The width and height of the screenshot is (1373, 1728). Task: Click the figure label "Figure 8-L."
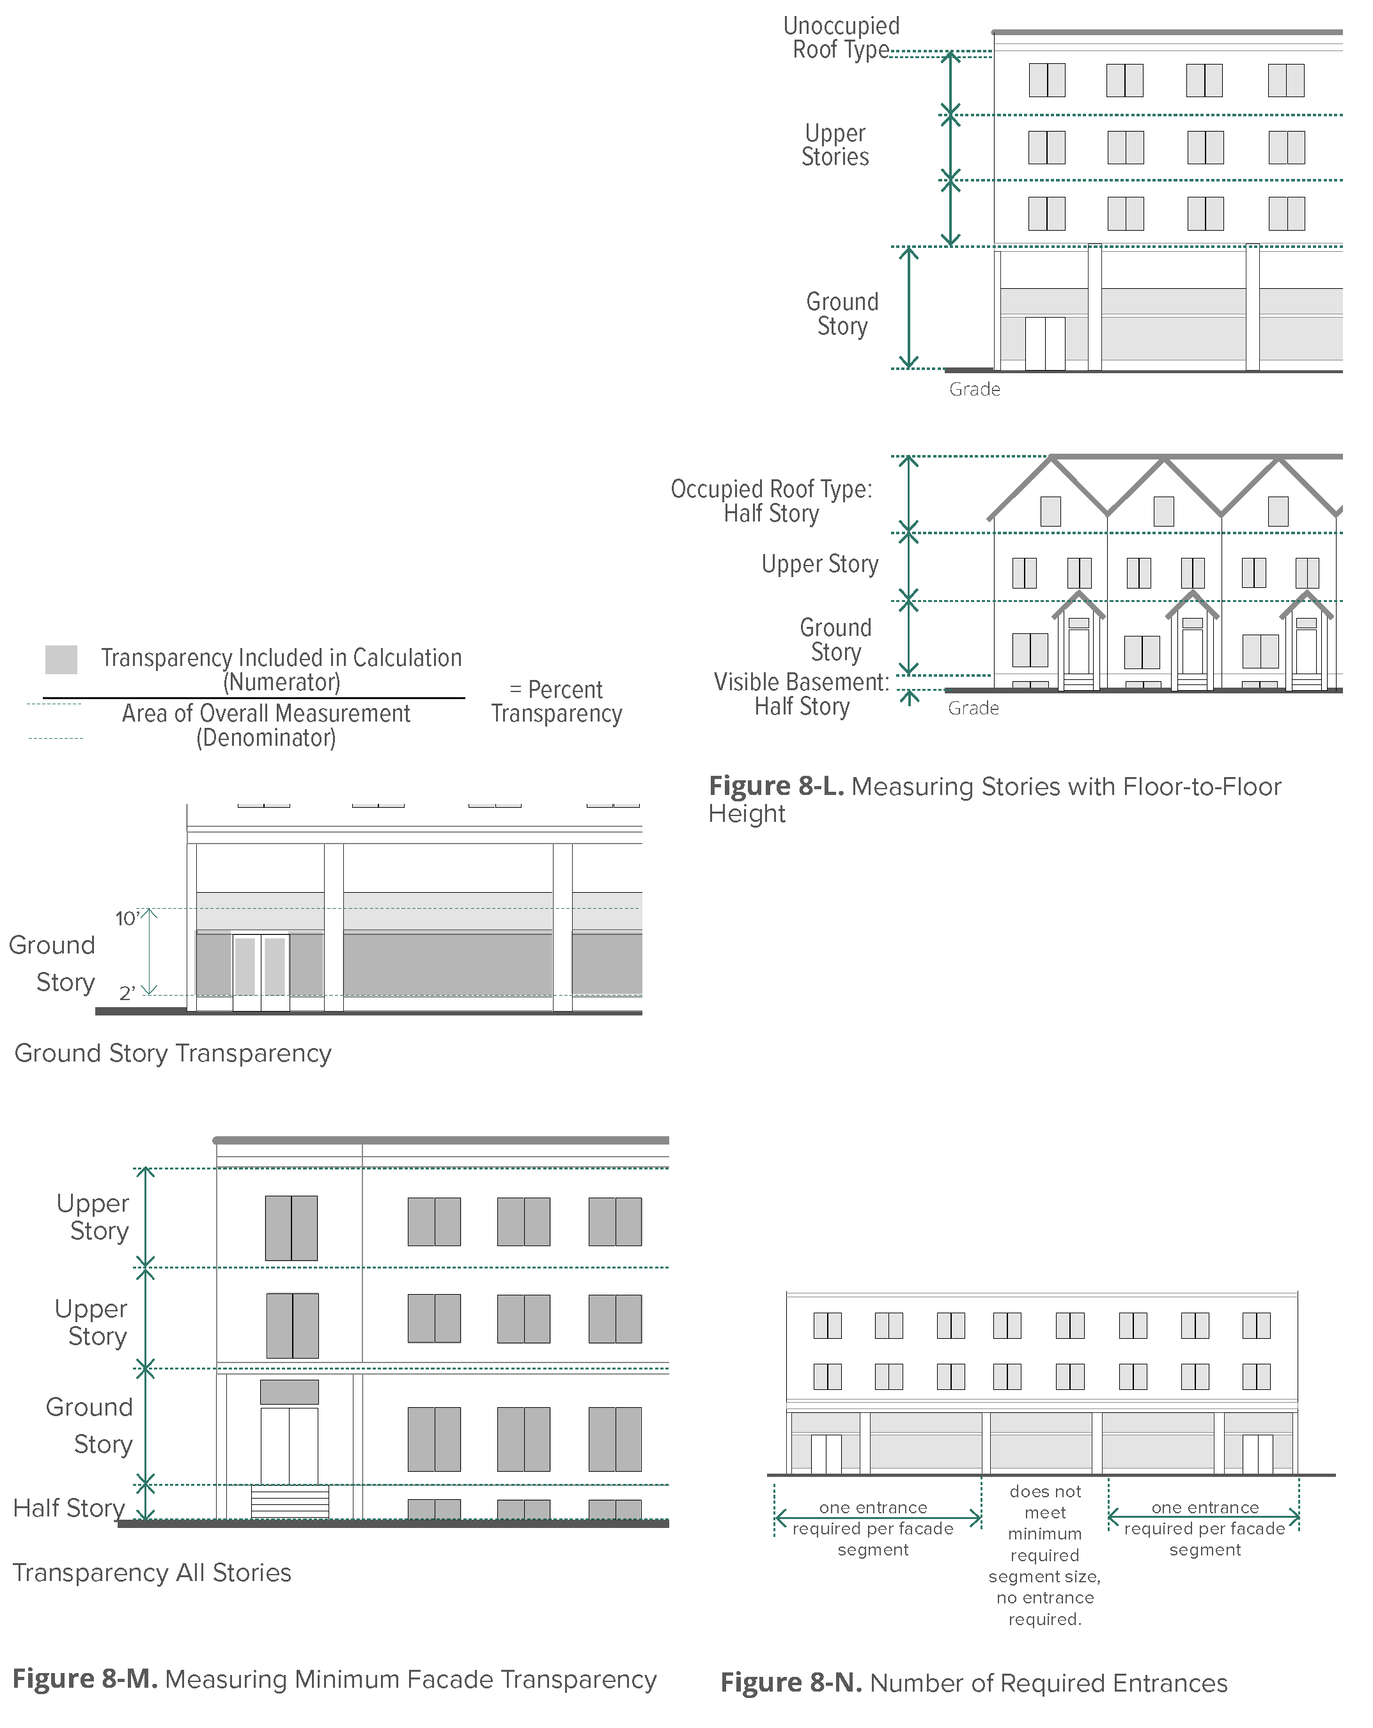tap(776, 786)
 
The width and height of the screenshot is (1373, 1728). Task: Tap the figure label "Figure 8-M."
tap(84, 1678)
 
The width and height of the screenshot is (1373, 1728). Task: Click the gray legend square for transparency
tap(61, 659)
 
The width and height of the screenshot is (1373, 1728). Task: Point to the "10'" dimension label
tap(127, 918)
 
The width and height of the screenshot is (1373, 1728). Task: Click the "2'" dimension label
tap(127, 994)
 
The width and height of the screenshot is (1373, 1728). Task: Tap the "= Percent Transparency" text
tap(556, 701)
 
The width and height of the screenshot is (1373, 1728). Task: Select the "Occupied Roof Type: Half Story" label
tap(771, 501)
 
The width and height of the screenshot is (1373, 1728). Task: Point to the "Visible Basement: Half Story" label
tap(802, 694)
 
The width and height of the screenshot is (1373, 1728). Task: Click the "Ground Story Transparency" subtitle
tap(173, 1053)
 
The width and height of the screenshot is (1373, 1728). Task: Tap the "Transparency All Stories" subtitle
tap(151, 1573)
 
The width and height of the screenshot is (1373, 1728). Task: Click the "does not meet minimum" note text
tap(1044, 1513)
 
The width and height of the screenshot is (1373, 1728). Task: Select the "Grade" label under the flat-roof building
tap(975, 390)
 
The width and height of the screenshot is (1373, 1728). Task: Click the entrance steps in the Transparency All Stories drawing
tap(290, 1501)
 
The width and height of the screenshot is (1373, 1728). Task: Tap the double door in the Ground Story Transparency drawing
tap(261, 971)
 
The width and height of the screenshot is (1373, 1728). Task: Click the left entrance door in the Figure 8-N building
tap(826, 1453)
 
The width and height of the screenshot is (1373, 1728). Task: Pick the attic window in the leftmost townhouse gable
tap(1050, 511)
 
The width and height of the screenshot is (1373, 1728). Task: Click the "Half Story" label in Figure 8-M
tap(69, 1508)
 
